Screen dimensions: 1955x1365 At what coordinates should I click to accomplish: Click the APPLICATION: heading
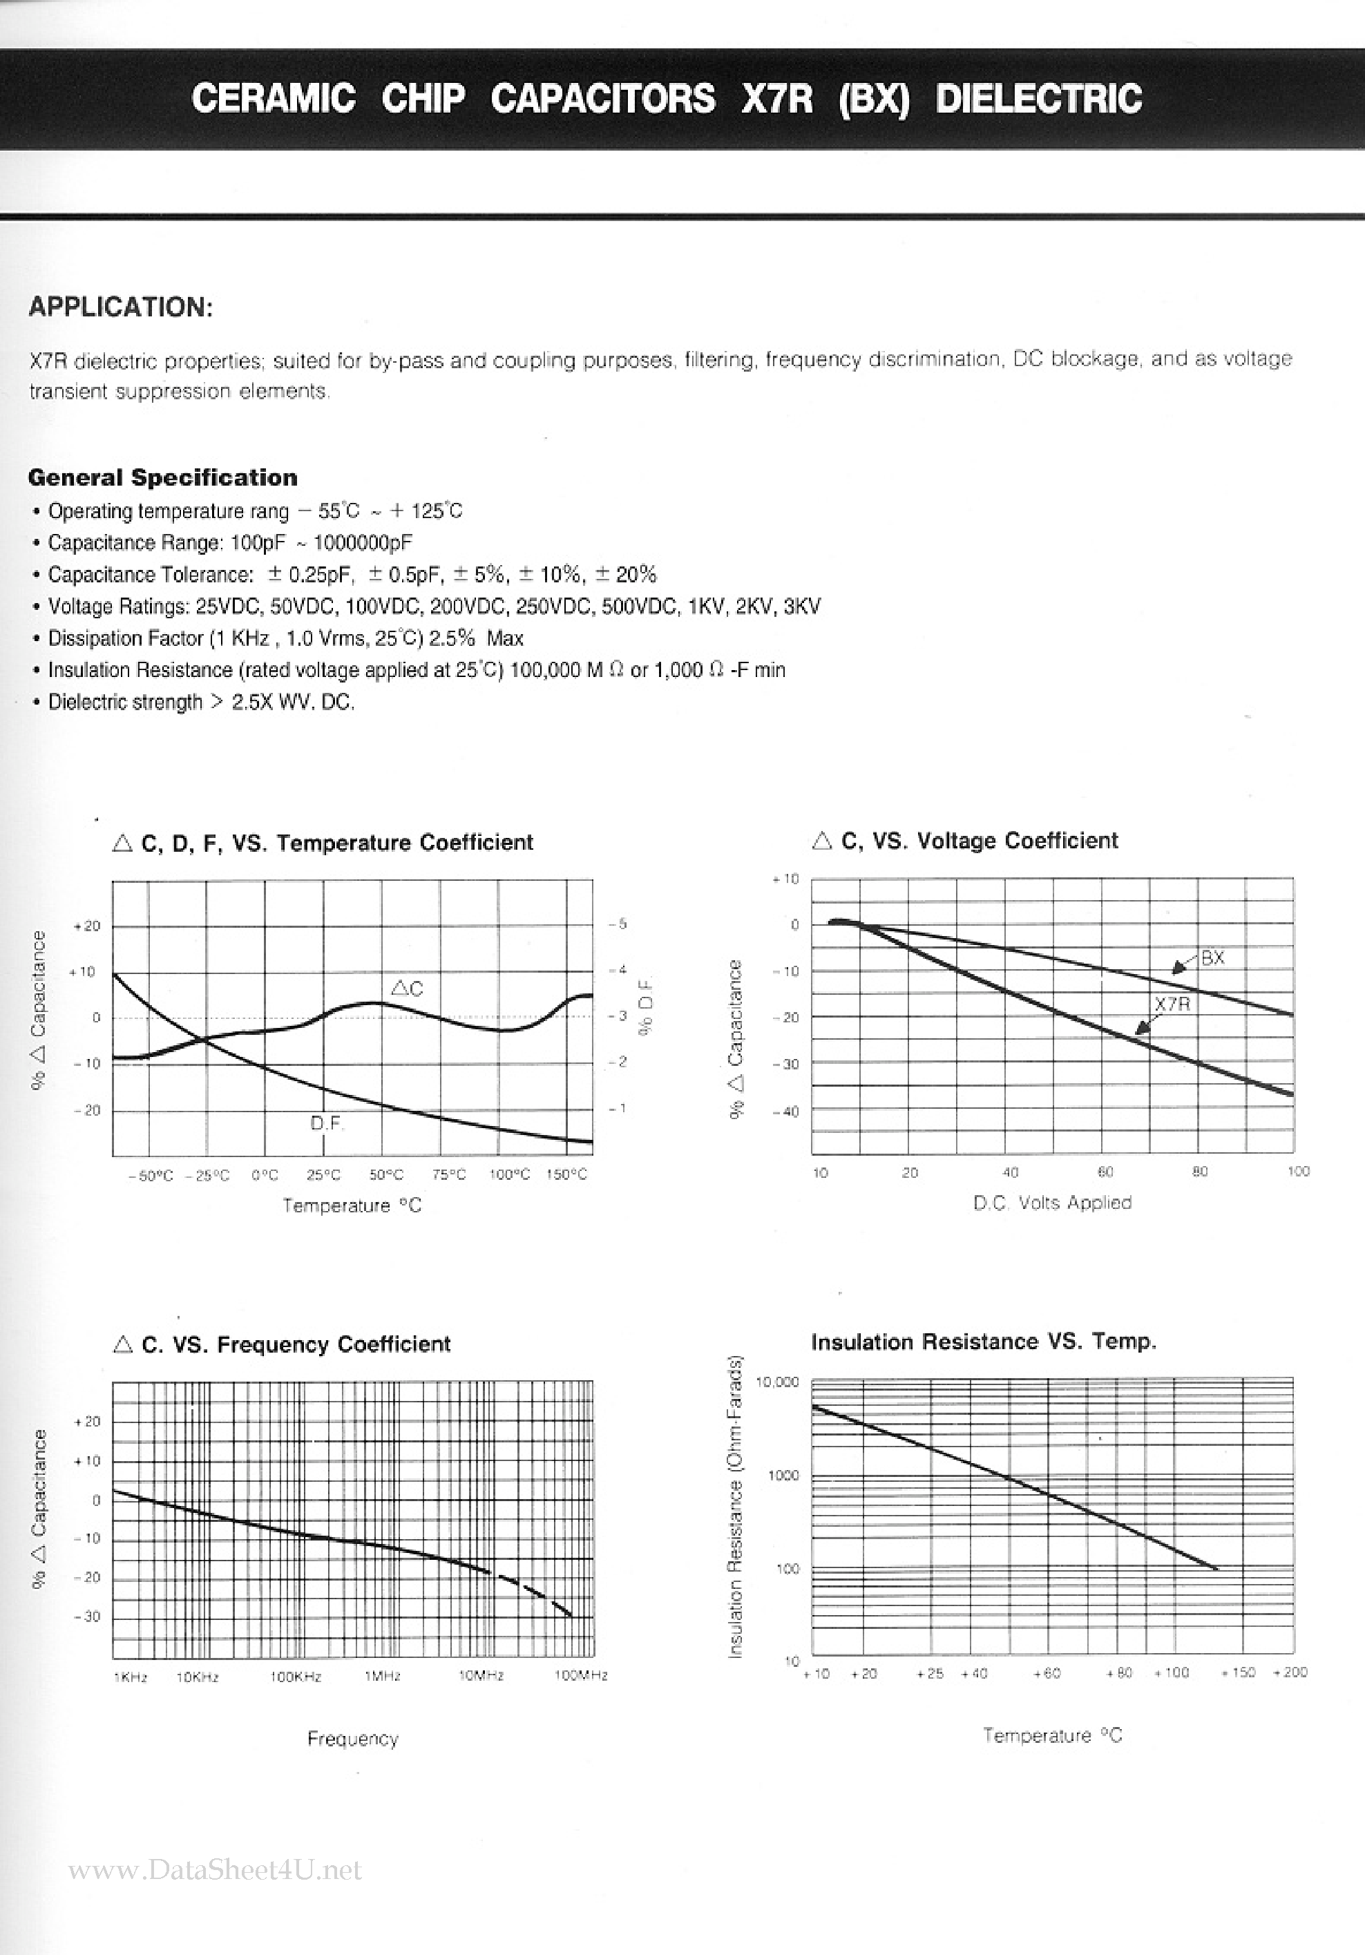[120, 307]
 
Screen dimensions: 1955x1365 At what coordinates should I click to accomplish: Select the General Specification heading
[162, 477]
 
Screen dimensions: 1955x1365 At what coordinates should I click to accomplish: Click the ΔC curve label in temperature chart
[407, 989]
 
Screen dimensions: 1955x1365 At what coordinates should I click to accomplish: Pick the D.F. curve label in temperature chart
[326, 1123]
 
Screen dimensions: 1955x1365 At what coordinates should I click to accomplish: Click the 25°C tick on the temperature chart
[323, 1175]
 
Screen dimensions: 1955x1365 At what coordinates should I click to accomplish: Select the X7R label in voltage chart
[1172, 1004]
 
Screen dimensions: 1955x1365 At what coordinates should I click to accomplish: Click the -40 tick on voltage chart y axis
[786, 1112]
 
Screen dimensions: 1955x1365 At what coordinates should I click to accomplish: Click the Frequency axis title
[352, 1739]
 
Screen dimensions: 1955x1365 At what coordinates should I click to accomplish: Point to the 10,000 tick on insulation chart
[777, 1382]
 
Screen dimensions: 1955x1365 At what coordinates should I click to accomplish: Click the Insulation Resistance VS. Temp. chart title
[984, 1342]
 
